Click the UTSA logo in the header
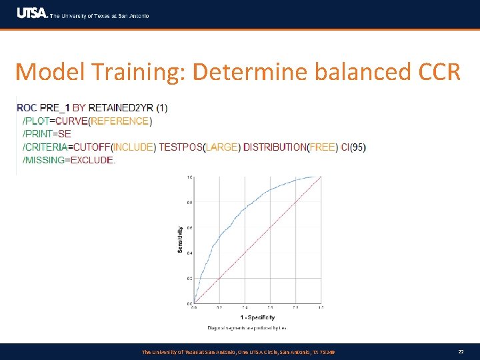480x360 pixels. [32, 14]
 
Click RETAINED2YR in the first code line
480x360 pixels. [121, 108]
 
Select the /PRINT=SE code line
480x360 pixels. [47, 134]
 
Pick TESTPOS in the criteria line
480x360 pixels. [180, 147]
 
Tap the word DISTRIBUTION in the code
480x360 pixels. [275, 147]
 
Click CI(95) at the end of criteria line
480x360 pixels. [353, 147]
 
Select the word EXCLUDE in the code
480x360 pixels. [91, 160]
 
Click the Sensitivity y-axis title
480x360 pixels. [180, 240]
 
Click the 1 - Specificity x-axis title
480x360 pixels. [257, 317]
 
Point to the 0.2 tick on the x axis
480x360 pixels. [219, 307]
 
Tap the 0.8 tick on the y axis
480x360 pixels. [189, 203]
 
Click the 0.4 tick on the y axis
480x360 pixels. [189, 253]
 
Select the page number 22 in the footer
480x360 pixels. [461, 351]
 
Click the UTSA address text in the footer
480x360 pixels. [238, 351]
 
